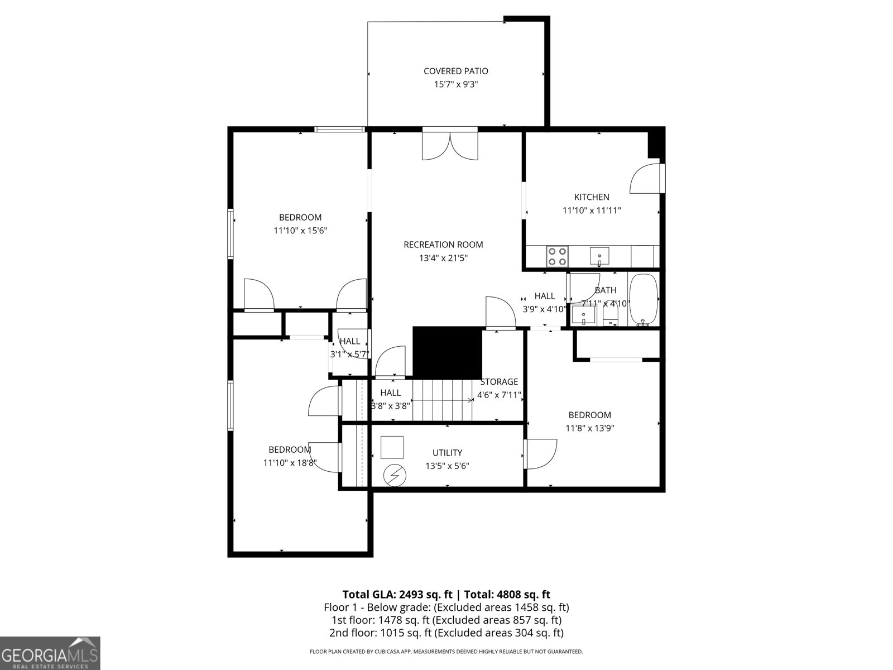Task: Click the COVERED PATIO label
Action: click(x=455, y=71)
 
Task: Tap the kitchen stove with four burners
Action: click(x=558, y=256)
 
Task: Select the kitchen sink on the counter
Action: click(x=599, y=256)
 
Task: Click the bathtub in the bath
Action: click(x=643, y=300)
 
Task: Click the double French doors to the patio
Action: click(x=450, y=146)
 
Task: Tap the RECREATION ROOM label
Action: click(x=444, y=245)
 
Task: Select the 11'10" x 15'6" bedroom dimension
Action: click(x=300, y=231)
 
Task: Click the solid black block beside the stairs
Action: click(x=448, y=353)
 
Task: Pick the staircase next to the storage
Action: click(x=443, y=400)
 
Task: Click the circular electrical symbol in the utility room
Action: click(x=395, y=475)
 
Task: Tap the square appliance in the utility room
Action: click(x=392, y=447)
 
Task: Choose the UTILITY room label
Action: click(x=447, y=453)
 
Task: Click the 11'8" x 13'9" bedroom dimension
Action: click(x=589, y=428)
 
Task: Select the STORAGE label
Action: click(x=499, y=381)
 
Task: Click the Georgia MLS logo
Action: click(x=50, y=653)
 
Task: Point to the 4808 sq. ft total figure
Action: click(x=523, y=595)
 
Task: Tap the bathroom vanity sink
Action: click(x=583, y=315)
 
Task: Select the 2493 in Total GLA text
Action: click(x=412, y=595)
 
